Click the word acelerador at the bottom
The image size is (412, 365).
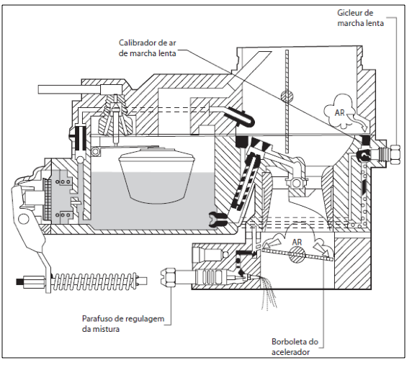click(x=290, y=352)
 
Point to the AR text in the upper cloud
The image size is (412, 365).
click(x=339, y=112)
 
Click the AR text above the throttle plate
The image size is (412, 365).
click(x=297, y=242)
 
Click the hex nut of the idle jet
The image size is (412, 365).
click(x=395, y=154)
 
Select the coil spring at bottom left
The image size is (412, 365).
click(x=95, y=281)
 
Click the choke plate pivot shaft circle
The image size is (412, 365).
click(x=287, y=96)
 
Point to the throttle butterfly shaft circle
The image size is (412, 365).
click(x=297, y=254)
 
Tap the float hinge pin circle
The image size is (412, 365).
click(x=95, y=151)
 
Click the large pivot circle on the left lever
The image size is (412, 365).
click(x=23, y=218)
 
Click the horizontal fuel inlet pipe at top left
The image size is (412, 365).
click(x=69, y=89)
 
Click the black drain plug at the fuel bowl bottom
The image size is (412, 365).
click(x=218, y=220)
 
